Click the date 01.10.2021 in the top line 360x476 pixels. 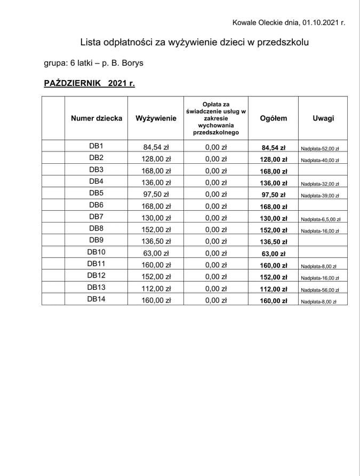point(320,22)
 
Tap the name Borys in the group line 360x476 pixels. point(132,63)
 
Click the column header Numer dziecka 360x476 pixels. point(97,118)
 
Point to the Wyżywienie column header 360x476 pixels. point(156,118)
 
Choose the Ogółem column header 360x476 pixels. point(273,118)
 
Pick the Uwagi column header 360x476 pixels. point(323,118)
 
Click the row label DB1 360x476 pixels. point(96,146)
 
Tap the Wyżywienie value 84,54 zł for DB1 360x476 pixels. point(156,148)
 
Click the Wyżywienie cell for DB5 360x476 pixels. point(156,195)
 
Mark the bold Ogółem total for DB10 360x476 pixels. point(273,254)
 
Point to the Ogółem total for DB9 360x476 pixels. point(273,242)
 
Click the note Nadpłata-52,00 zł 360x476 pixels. point(320,148)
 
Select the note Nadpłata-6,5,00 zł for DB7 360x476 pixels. point(321,219)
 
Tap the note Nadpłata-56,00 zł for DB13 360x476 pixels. point(320,290)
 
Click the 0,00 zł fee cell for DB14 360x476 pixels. point(216,301)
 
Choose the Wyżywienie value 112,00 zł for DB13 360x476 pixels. point(156,289)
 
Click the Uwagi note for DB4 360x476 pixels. point(320,184)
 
